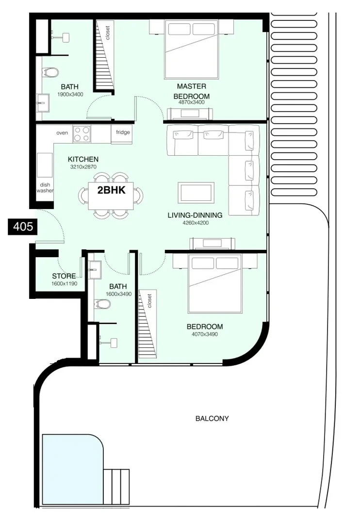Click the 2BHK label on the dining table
coord(111,190)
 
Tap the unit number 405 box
coord(23,227)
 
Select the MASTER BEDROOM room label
coord(192,91)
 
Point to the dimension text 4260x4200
coord(196,223)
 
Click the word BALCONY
coord(212,418)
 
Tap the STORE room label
coord(64,276)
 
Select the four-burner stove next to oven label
coord(82,134)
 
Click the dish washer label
coord(45,187)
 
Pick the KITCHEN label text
coord(83,159)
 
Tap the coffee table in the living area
coord(196,193)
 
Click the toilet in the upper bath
coord(50,72)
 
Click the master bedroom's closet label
coord(108,33)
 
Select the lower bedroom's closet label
coord(149,301)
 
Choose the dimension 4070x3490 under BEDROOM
coord(205,334)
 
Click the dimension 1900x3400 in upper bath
coord(70,95)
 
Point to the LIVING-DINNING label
coord(195,215)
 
